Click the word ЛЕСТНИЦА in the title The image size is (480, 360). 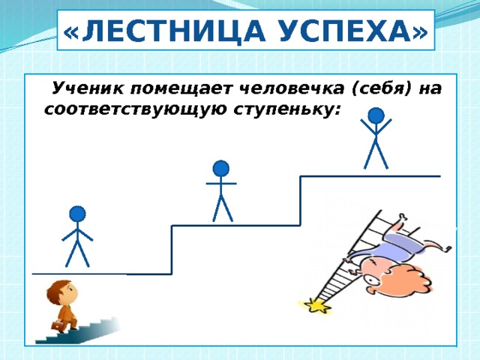tap(173, 30)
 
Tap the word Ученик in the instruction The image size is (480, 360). tap(88, 88)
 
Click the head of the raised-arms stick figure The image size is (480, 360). tap(376, 115)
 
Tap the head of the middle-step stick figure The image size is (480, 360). tap(221, 169)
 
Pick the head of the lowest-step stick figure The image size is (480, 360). tap(77, 214)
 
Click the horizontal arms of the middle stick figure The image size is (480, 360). tap(221, 184)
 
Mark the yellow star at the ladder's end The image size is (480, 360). tap(316, 306)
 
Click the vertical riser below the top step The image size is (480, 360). tap(301, 201)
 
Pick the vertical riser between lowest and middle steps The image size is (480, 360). tap(172, 250)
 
